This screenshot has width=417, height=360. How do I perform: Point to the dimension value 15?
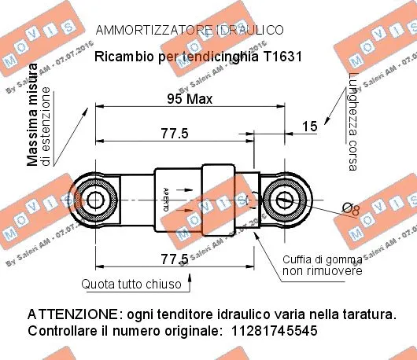coord(309,126)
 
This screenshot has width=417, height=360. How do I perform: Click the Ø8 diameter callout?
coord(351,209)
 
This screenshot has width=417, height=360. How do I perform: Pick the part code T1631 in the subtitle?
coord(281,57)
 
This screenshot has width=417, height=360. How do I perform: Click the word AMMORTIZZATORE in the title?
coord(146,31)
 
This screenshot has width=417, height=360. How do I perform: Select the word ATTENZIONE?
coord(69,314)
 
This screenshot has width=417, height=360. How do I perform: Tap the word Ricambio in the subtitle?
coord(120,57)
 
